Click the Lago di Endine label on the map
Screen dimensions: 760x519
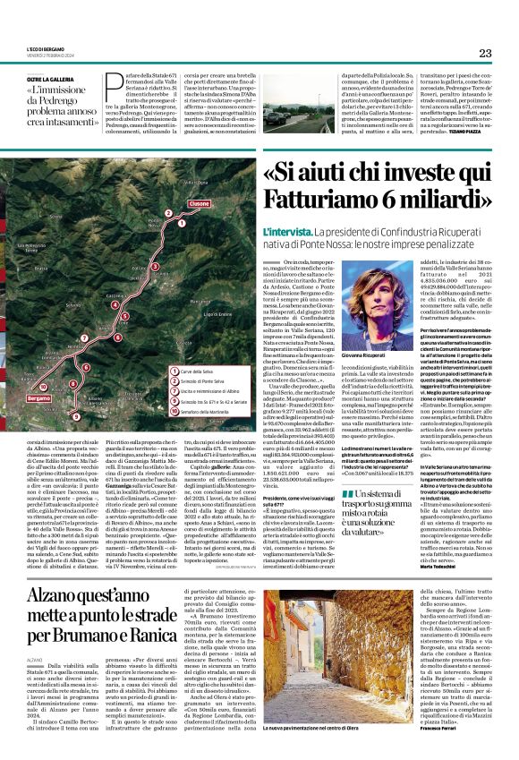(217, 314)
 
